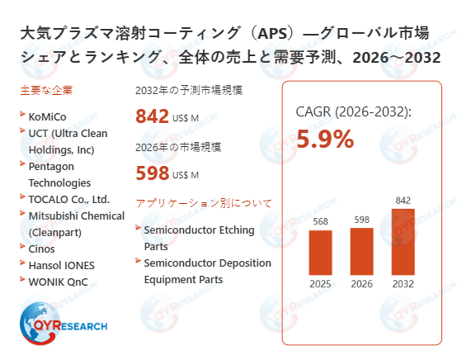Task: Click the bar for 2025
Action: [320, 253]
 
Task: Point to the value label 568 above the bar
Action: [320, 221]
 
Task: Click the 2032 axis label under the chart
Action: [403, 285]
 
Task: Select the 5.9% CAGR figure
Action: [325, 140]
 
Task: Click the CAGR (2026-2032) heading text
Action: [353, 112]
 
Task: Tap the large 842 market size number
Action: [153, 117]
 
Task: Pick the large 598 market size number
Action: [153, 173]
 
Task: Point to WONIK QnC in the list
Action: [57, 282]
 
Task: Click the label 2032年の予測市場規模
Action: [189, 90]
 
